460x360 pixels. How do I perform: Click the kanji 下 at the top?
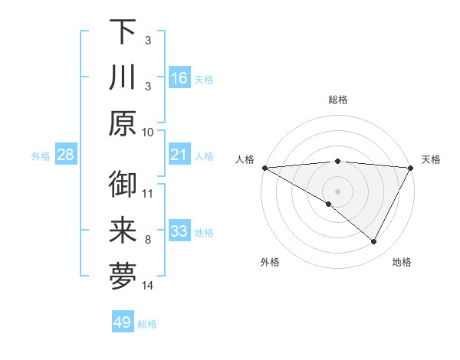click(123, 32)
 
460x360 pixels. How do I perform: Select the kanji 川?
click(123, 78)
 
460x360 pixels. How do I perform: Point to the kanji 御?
click(123, 185)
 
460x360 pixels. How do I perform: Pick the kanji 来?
click(123, 231)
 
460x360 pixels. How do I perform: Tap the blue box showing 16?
click(179, 77)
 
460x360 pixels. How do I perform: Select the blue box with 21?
click(179, 155)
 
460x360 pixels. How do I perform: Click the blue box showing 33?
click(179, 231)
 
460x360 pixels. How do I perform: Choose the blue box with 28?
click(66, 155)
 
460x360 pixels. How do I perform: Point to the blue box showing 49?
click(123, 322)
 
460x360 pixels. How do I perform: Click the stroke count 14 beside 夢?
click(148, 286)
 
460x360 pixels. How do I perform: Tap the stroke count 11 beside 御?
click(148, 193)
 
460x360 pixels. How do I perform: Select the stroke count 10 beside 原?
click(148, 132)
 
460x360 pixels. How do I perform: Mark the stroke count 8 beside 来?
click(148, 240)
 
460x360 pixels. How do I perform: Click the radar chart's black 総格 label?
click(337, 100)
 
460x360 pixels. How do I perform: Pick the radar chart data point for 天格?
click(411, 168)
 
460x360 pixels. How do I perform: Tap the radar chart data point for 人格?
click(264, 168)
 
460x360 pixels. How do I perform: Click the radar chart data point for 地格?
click(374, 242)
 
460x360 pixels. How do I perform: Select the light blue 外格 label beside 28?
click(41, 156)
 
